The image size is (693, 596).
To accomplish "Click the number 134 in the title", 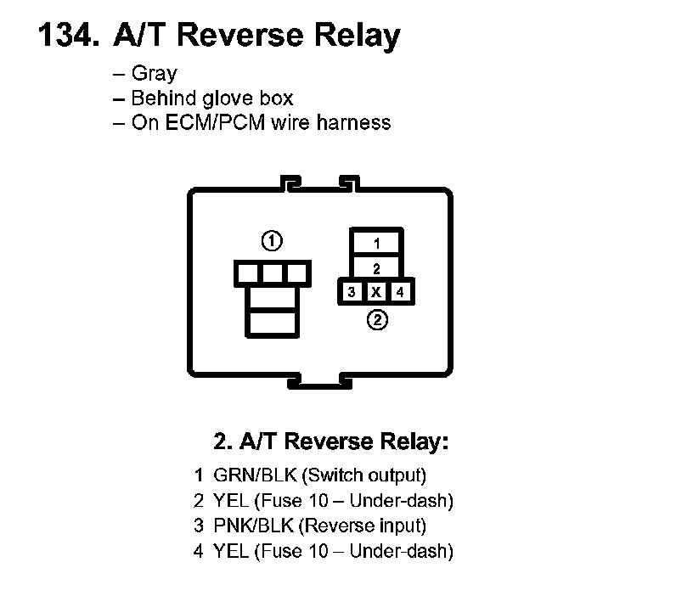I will coord(66,36).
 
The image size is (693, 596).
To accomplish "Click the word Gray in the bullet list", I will coord(154,73).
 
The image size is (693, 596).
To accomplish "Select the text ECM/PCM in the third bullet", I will coord(204,122).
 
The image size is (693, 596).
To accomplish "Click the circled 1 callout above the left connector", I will coord(272,241).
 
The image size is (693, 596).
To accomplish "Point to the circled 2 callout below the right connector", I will coord(377,321).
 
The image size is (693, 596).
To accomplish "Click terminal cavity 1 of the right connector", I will coord(377,243).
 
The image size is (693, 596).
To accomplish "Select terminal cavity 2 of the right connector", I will coord(377,267).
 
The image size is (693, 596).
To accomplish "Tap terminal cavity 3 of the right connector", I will coord(351,292).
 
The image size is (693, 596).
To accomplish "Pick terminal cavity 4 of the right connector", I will coord(402,292).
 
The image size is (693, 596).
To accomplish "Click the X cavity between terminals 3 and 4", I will coord(376,292).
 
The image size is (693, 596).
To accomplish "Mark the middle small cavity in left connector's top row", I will coord(272,273).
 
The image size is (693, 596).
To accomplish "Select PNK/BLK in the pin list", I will coord(253,526).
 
